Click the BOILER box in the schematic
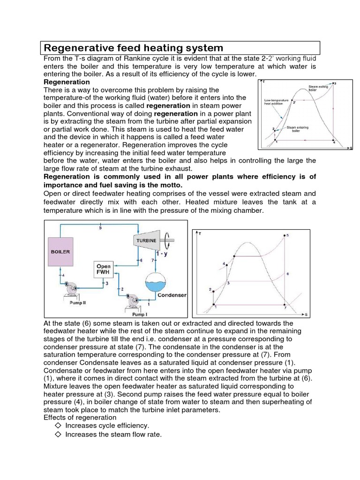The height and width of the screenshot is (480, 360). click(60, 252)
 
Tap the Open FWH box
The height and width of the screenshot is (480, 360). click(104, 270)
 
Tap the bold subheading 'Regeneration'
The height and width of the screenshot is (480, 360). click(67, 82)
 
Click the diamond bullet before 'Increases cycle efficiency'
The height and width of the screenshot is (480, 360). click(58, 425)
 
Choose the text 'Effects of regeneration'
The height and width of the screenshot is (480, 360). click(80, 417)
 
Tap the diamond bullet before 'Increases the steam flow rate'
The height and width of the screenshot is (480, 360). click(58, 435)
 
